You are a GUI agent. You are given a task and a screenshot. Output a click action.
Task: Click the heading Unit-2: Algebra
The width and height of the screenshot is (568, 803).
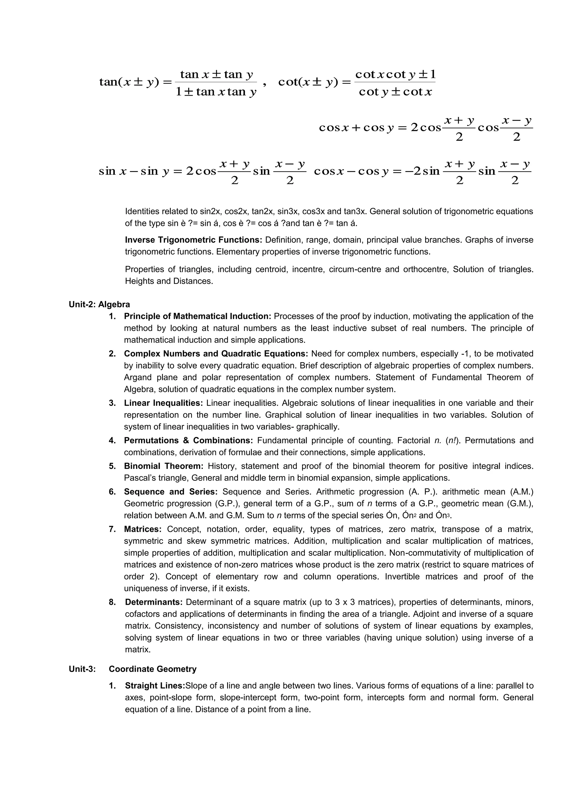click(x=99, y=304)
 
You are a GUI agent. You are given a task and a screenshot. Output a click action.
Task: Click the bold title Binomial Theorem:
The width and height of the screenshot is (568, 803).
click(x=164, y=466)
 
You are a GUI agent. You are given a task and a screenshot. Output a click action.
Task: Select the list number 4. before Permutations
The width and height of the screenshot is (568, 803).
click(x=112, y=440)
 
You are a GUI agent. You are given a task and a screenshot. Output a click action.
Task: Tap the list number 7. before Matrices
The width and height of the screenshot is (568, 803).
click(x=112, y=529)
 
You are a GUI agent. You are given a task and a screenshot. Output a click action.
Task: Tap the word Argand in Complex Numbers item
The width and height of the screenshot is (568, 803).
click(x=138, y=377)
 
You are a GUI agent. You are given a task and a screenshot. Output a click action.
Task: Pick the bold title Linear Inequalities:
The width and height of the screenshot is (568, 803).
click(x=163, y=403)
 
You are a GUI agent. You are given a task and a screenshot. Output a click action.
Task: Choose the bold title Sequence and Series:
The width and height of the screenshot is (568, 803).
click(x=171, y=492)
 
